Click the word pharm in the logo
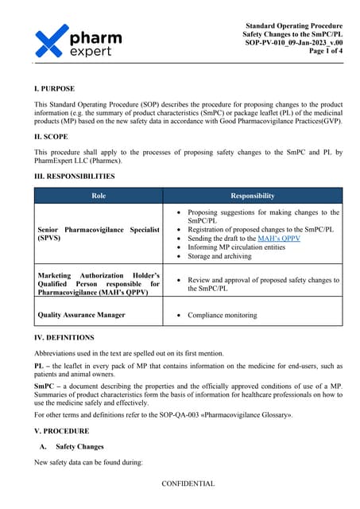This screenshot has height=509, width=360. coord(96,36)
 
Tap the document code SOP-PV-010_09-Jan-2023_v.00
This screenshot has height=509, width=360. coord(294,43)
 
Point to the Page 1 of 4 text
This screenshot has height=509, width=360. coord(321,52)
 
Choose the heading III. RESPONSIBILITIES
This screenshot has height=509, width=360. coord(74,176)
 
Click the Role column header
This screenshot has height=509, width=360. coord(99,196)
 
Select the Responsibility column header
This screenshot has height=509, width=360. coord(252,196)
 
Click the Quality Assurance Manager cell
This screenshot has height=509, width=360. coord(81,315)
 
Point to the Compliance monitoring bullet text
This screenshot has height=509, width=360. coord(224,315)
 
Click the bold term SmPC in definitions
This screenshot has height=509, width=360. coord(45,386)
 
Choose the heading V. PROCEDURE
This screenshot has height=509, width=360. coord(61,430)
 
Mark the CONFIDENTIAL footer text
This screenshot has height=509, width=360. coord(188,484)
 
